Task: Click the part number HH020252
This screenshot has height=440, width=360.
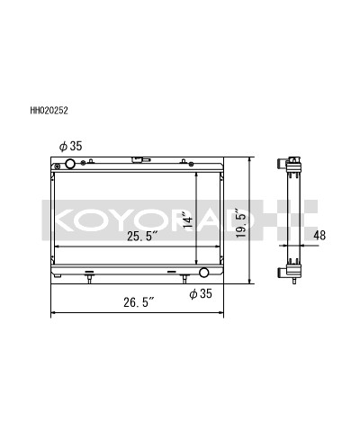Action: pyautogui.click(x=49, y=112)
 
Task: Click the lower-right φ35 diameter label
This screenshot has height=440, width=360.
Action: pyautogui.click(x=200, y=293)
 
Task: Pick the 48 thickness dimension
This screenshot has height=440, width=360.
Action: pyautogui.click(x=319, y=236)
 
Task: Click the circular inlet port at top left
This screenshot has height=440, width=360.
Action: pyautogui.click(x=69, y=165)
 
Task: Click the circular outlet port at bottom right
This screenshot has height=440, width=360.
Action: pyautogui.click(x=203, y=272)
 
